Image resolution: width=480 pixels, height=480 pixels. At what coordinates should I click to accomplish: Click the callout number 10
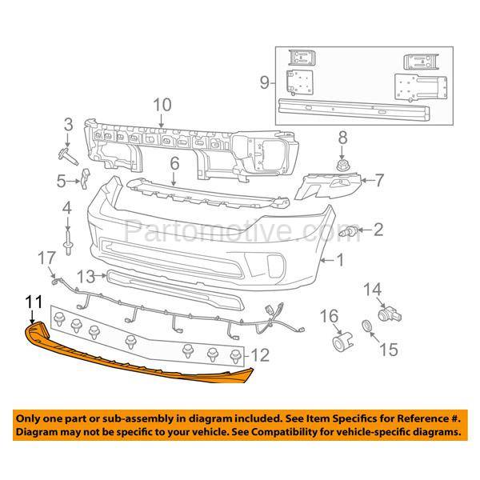[x=162, y=104]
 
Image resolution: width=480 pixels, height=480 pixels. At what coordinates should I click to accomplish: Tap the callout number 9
[x=263, y=81]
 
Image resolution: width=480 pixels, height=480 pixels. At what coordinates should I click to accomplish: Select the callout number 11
[x=33, y=302]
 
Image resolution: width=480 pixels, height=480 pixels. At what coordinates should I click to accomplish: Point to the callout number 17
[x=46, y=258]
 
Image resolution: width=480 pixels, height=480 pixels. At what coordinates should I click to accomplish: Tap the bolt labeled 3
[x=67, y=154]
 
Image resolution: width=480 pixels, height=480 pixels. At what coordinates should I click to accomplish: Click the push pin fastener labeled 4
[x=67, y=239]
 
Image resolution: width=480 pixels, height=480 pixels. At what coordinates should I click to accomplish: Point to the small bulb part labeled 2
[x=350, y=232]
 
